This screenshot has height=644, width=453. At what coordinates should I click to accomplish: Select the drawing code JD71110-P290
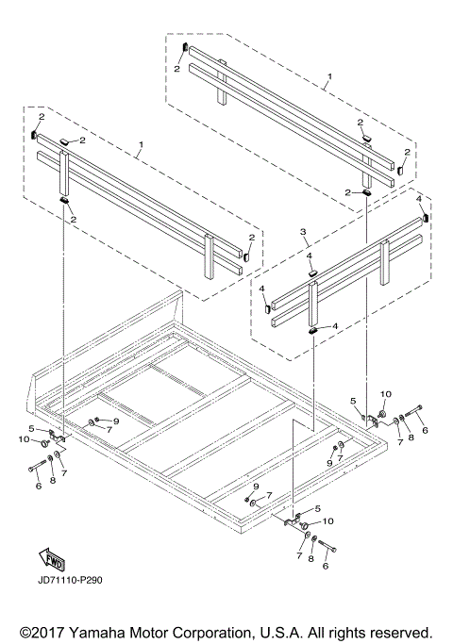(x=70, y=580)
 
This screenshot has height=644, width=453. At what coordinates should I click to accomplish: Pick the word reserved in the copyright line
(x=400, y=633)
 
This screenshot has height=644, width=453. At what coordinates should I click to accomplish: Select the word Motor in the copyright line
(x=148, y=633)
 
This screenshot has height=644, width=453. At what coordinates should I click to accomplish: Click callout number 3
(x=303, y=232)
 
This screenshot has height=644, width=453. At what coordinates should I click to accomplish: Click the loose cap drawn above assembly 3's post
(x=313, y=272)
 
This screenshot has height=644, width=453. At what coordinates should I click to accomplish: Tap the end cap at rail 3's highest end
(x=426, y=216)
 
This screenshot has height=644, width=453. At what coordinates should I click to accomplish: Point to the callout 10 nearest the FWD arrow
(x=24, y=439)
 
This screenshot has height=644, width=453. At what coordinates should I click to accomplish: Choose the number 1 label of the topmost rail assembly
(x=329, y=76)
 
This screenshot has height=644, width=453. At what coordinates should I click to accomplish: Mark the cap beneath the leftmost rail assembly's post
(x=64, y=200)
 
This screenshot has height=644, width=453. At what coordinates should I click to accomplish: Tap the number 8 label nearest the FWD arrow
(x=52, y=480)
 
